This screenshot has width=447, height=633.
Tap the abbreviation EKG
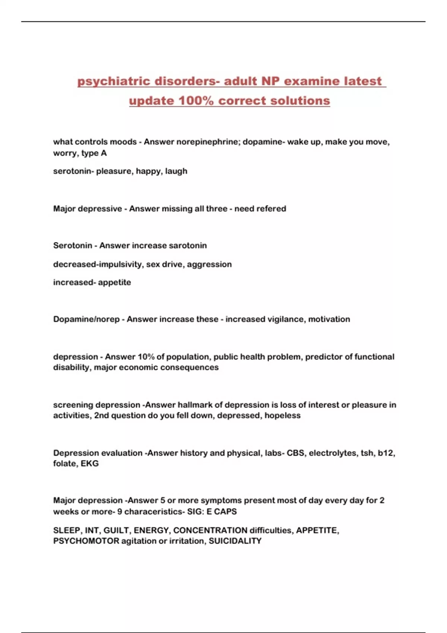tap(90, 464)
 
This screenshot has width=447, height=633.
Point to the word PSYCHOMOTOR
tap(86, 541)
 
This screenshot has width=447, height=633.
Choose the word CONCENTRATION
tap(210, 530)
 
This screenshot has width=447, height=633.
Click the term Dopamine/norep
tap(86, 319)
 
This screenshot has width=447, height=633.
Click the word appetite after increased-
tap(114, 282)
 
